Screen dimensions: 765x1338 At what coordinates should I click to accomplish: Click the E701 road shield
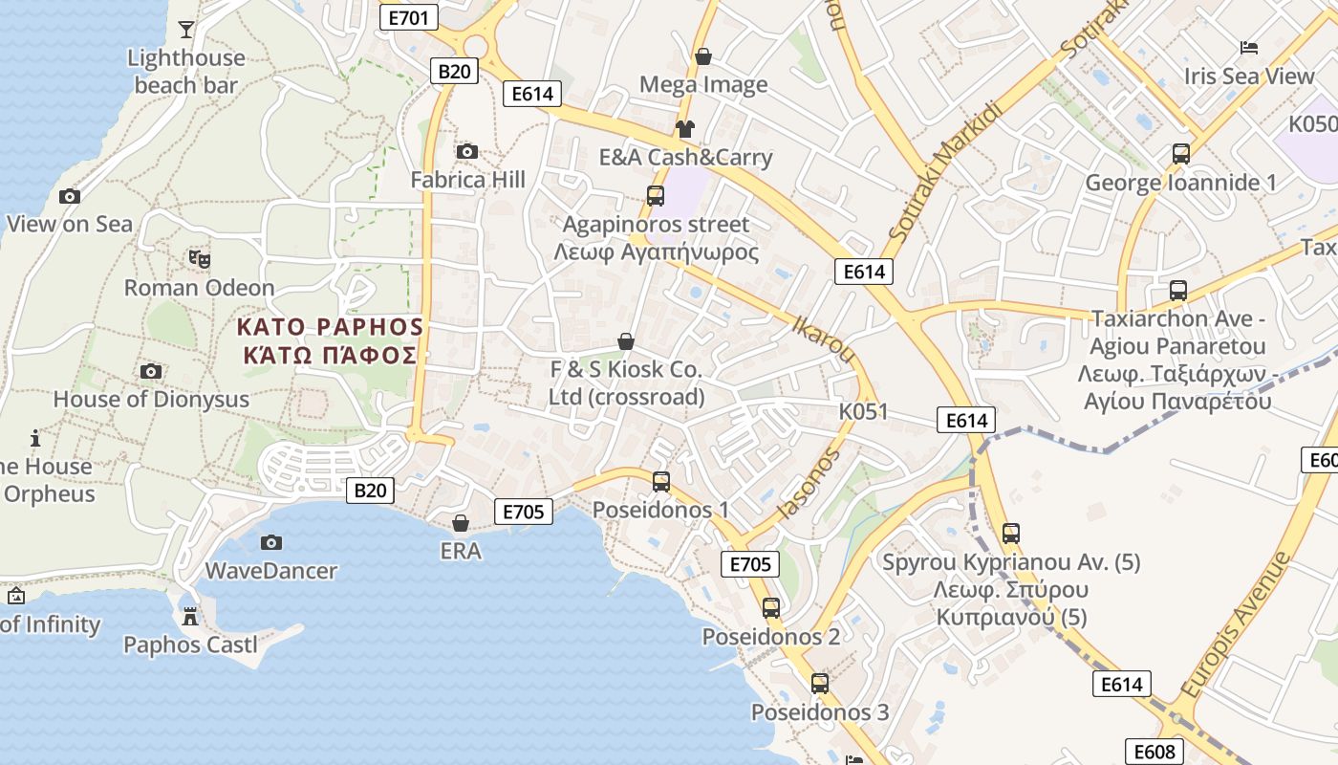(x=409, y=17)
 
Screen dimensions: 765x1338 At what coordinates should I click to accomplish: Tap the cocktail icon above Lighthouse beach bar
(x=186, y=30)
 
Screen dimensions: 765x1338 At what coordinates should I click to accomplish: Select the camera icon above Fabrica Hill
(x=467, y=151)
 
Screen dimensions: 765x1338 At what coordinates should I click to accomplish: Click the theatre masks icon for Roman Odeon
(x=199, y=258)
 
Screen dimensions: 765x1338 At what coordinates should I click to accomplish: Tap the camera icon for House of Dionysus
(x=151, y=371)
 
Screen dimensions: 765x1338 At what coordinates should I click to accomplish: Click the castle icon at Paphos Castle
(x=190, y=617)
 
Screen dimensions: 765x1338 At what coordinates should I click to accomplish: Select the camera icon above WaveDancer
(x=271, y=542)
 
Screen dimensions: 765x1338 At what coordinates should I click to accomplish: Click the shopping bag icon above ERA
(x=461, y=523)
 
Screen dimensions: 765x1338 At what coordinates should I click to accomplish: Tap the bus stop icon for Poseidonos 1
(x=660, y=481)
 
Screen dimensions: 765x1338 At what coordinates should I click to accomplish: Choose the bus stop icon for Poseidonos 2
(x=771, y=607)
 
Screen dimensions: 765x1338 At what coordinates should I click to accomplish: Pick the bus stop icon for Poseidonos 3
(x=820, y=684)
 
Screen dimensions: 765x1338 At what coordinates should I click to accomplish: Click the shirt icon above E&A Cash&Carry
(x=684, y=128)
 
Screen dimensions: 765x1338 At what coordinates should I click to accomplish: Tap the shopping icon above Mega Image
(x=703, y=56)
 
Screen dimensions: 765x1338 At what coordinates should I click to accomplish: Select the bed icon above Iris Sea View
(x=1248, y=47)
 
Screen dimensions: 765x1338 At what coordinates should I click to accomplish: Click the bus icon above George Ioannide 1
(x=1181, y=153)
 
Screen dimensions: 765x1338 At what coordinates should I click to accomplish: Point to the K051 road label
(x=863, y=412)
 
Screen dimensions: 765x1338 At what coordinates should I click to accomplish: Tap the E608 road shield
(x=1155, y=752)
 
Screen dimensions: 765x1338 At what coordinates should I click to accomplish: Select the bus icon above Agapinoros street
(x=656, y=195)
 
